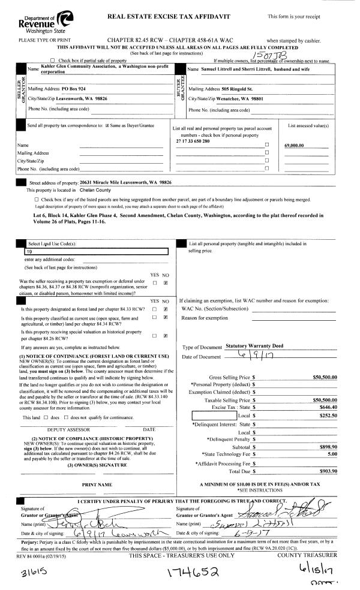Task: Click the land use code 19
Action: [x=28, y=252]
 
